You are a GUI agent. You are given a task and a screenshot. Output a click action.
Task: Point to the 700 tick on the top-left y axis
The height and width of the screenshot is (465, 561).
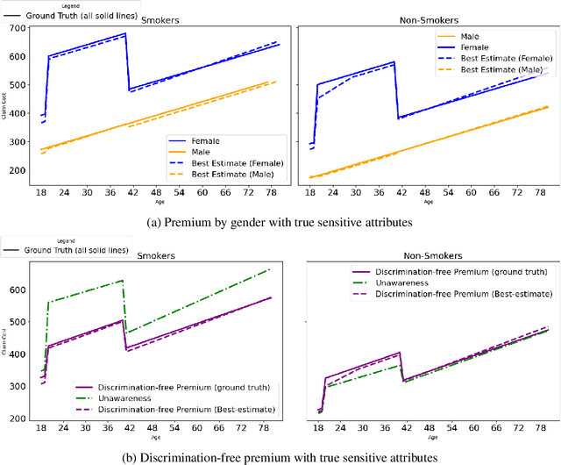pos(15,29)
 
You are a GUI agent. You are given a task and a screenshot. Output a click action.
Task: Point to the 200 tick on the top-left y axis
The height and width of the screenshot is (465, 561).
pos(15,168)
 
